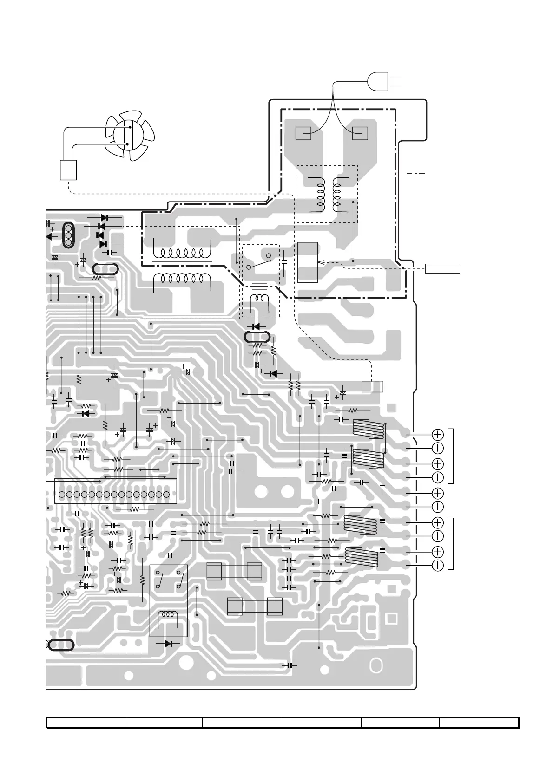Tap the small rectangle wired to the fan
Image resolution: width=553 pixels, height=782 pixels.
68,169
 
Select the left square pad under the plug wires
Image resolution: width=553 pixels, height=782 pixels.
303,133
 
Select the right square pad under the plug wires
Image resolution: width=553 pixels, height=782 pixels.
360,133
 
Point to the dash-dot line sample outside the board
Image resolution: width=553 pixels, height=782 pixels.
416,173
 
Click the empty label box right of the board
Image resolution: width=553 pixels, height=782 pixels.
443,268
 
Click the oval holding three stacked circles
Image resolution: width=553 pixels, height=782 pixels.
68,235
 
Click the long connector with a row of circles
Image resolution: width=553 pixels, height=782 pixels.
116,494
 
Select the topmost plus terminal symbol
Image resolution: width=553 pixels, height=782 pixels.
438,434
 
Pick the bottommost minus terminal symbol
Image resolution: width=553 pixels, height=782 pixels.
438,565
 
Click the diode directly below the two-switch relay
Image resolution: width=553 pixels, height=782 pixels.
169,644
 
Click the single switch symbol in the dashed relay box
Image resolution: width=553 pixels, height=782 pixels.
259,262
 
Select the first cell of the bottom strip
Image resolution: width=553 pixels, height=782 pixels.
86,723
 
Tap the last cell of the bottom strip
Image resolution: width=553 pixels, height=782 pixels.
479,723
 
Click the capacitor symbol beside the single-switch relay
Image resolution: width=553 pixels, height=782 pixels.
284,260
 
